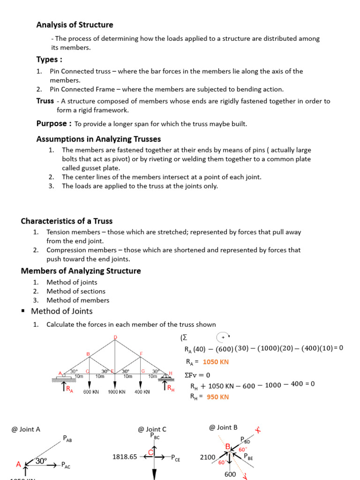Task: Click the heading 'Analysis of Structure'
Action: [x=75, y=25]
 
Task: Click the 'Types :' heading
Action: [x=50, y=60]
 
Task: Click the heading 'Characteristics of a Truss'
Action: [x=67, y=221]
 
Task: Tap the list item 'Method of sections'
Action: [x=76, y=291]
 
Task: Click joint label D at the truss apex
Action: [x=115, y=337]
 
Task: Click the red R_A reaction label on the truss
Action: [x=69, y=389]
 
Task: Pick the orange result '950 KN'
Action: [x=218, y=397]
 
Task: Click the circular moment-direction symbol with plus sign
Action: [x=223, y=337]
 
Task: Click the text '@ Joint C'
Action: [x=152, y=429]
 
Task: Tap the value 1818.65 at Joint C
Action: [x=125, y=457]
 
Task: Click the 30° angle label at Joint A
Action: [x=41, y=461]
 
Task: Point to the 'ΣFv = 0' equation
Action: [x=198, y=375]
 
